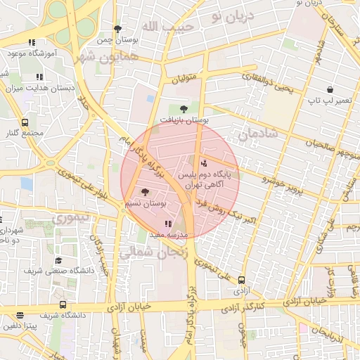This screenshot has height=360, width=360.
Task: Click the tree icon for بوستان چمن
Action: pos(117,29)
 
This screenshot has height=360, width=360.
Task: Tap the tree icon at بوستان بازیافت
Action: pos(184,109)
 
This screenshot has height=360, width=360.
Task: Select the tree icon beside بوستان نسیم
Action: pos(146,191)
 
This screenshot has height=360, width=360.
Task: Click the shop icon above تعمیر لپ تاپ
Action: pos(329,89)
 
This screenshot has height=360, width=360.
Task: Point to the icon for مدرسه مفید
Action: pos(167,224)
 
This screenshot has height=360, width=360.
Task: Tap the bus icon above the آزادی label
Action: pos(242,279)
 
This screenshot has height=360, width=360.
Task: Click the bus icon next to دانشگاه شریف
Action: pos(63,305)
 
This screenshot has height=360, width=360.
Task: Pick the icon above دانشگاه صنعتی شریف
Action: pos(58,260)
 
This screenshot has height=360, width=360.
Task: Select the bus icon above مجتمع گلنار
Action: pos(25,122)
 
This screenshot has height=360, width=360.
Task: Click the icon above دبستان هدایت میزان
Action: pos(38,77)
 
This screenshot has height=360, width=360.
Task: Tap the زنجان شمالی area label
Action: pos(155,255)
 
